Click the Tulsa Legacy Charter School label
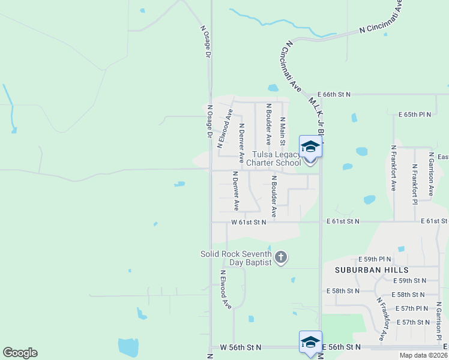[x=277, y=158]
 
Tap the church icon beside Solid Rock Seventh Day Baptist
[x=281, y=259]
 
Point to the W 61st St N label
[x=249, y=222]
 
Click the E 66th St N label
[x=333, y=95]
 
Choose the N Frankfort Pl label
[x=414, y=184]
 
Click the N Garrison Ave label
[x=431, y=174]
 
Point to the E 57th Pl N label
[x=411, y=308]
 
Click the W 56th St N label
[x=241, y=347]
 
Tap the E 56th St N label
[x=341, y=347]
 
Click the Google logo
[x=20, y=353]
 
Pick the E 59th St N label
[x=409, y=281]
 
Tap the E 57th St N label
[x=414, y=322]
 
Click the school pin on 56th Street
[x=310, y=342]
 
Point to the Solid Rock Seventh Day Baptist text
[x=237, y=259]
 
